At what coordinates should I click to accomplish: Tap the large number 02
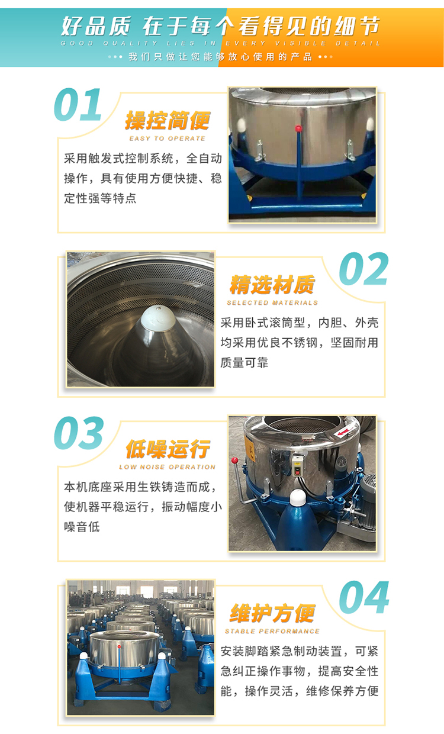click(363, 269)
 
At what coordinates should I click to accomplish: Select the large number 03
click(79, 433)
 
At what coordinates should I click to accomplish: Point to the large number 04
click(364, 597)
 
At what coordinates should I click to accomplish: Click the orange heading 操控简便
click(168, 121)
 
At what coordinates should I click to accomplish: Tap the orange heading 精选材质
click(272, 284)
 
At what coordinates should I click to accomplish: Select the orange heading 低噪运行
click(168, 449)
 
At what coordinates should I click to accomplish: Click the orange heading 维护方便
click(272, 613)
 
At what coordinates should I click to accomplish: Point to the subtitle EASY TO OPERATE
click(168, 139)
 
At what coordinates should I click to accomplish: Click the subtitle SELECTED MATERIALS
click(272, 303)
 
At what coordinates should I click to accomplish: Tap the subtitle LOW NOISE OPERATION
click(168, 467)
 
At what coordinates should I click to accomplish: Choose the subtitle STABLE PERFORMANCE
click(272, 631)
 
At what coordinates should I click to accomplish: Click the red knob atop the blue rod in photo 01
click(298, 128)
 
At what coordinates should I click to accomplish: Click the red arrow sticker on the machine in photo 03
click(342, 433)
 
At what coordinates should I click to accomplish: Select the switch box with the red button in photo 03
click(298, 464)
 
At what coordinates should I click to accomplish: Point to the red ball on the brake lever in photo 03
click(234, 461)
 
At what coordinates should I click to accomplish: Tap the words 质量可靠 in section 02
click(244, 363)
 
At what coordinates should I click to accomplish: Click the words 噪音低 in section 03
click(82, 527)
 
